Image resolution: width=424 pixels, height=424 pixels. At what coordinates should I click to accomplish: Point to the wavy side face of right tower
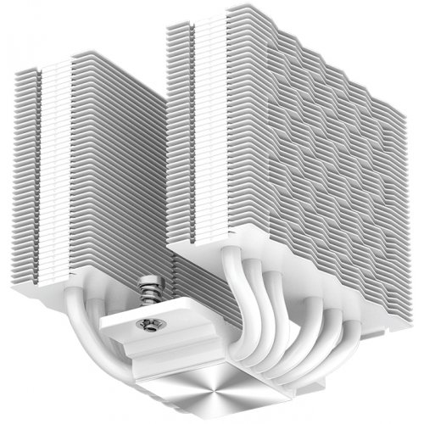pyautogui.click(x=322, y=170)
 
